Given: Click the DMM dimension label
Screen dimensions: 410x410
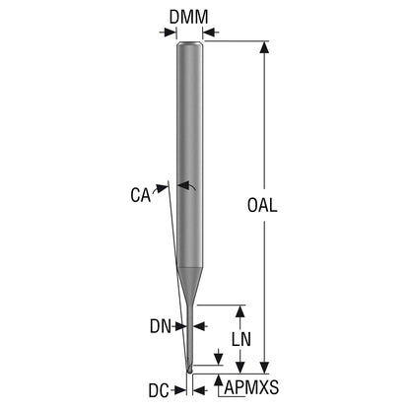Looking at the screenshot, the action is [189, 17].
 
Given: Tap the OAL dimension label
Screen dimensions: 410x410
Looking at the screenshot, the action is [262, 205].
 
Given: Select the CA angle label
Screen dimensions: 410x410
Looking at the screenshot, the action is [141, 195].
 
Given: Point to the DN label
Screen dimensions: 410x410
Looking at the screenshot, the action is [161, 326].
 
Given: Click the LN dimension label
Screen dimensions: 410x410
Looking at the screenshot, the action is [241, 339].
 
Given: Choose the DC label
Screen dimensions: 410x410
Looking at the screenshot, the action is [159, 390].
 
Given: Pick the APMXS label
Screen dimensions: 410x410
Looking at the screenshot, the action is [251, 387].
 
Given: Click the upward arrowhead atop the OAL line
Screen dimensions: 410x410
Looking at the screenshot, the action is [264, 47].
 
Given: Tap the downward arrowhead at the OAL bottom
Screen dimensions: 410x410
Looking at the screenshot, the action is [264, 368].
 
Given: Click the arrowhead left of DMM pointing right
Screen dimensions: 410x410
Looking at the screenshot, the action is [171, 33].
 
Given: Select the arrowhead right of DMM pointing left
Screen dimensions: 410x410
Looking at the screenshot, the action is [209, 33].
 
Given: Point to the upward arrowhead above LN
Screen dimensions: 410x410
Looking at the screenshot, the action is [240, 311].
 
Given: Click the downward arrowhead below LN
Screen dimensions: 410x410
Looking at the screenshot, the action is [240, 368].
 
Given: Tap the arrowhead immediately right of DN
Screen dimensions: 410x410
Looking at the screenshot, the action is [199, 326].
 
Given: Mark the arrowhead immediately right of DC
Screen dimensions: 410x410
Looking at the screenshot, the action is [199, 390].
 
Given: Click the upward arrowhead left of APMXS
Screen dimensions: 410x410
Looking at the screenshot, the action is [218, 380].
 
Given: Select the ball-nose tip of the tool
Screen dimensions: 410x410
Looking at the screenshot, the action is [189, 370].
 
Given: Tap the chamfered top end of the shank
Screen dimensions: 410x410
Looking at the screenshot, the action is [189, 44].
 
